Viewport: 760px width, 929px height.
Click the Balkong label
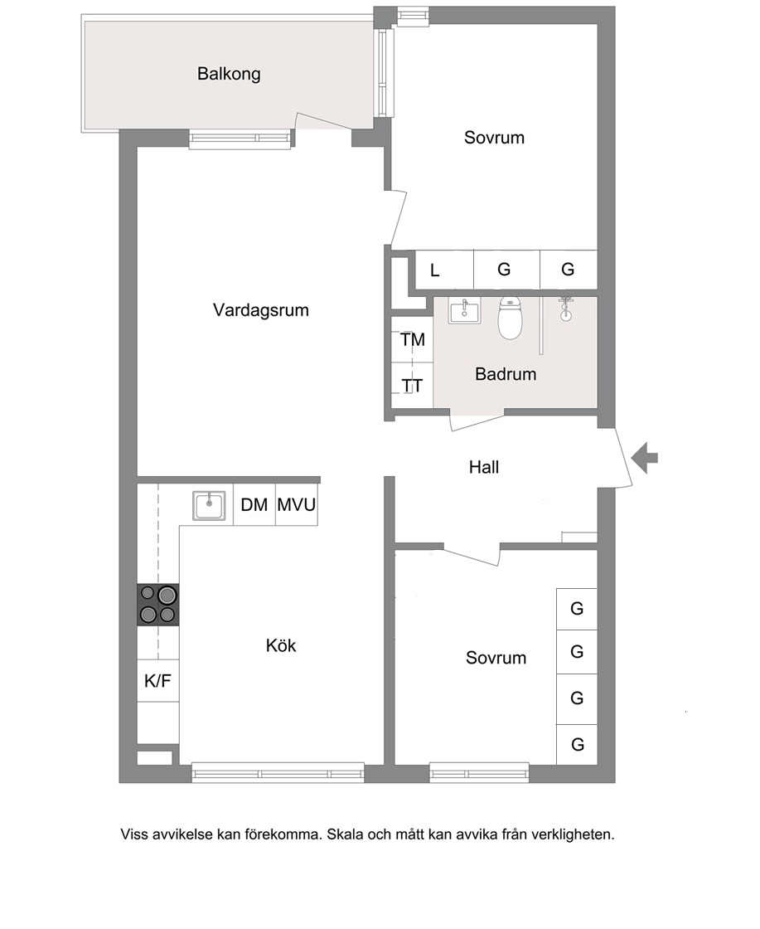[x=229, y=75]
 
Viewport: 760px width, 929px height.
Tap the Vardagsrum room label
[x=261, y=310]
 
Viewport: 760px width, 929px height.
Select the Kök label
[x=281, y=645]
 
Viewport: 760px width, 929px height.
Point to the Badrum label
[x=506, y=374]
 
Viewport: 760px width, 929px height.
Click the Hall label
[x=483, y=468]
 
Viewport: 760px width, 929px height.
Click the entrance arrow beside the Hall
[x=644, y=457]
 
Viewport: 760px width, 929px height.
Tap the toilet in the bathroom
[x=510, y=318]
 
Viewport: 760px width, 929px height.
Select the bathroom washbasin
[x=465, y=311]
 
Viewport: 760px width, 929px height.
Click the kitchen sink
[x=208, y=506]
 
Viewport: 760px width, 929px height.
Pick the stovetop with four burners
[x=158, y=605]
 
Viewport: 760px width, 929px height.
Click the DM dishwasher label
[x=254, y=505]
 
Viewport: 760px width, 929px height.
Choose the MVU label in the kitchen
[x=297, y=505]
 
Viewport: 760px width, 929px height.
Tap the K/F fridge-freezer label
[x=157, y=681]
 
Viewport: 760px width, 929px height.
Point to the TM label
[x=413, y=340]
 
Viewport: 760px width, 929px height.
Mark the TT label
[x=412, y=387]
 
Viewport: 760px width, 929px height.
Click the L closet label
[x=434, y=270]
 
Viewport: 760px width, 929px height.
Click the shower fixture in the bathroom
[x=566, y=308]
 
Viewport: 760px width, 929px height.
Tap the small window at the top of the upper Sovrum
[x=413, y=16]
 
